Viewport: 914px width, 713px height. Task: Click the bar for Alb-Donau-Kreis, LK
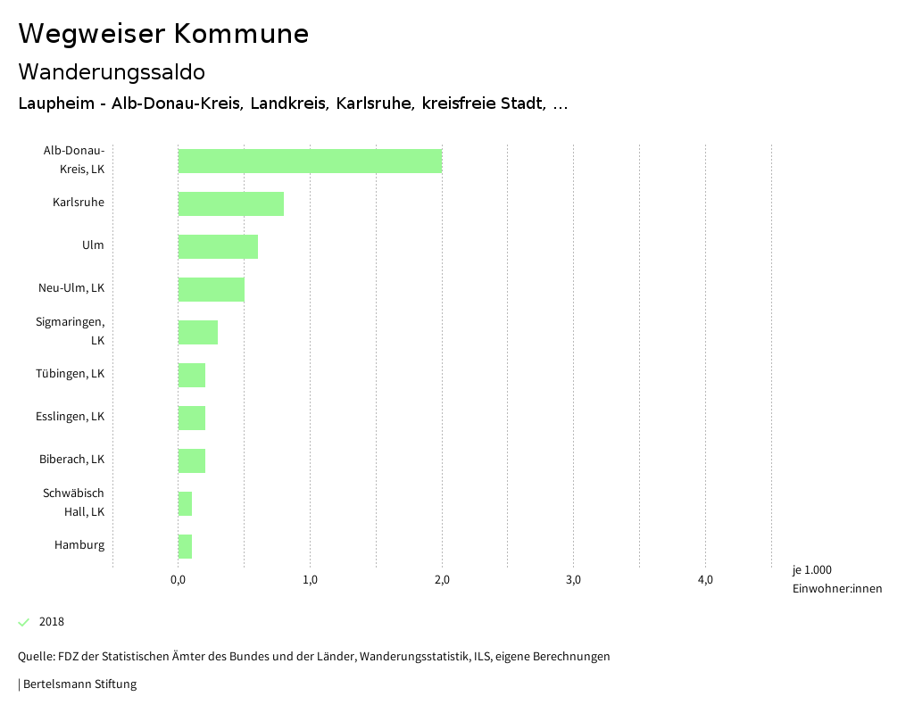pos(310,161)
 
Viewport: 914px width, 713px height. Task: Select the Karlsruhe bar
pos(230,203)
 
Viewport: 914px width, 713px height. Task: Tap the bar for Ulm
pos(218,246)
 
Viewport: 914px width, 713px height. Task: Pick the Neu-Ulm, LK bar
pos(211,289)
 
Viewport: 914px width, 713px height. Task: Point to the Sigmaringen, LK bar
pos(197,332)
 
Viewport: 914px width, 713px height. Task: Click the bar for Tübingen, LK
pos(191,375)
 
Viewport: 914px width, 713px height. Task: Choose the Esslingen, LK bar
pos(191,418)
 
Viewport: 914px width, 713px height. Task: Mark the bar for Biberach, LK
pos(191,460)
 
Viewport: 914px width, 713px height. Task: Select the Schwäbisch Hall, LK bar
pos(185,503)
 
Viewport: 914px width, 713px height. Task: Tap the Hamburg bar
pos(185,546)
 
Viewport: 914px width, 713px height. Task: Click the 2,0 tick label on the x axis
pos(442,580)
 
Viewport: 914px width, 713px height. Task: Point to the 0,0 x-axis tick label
pos(178,580)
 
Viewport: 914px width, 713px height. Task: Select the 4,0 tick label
pos(705,580)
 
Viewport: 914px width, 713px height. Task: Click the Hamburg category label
pos(79,545)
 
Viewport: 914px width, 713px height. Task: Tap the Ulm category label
pos(93,245)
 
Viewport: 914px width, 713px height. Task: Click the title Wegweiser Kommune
pos(163,34)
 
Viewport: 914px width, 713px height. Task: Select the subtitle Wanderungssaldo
pos(112,71)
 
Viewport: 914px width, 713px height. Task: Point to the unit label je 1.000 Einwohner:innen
pos(836,579)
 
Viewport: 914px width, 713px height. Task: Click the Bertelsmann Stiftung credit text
pos(79,684)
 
